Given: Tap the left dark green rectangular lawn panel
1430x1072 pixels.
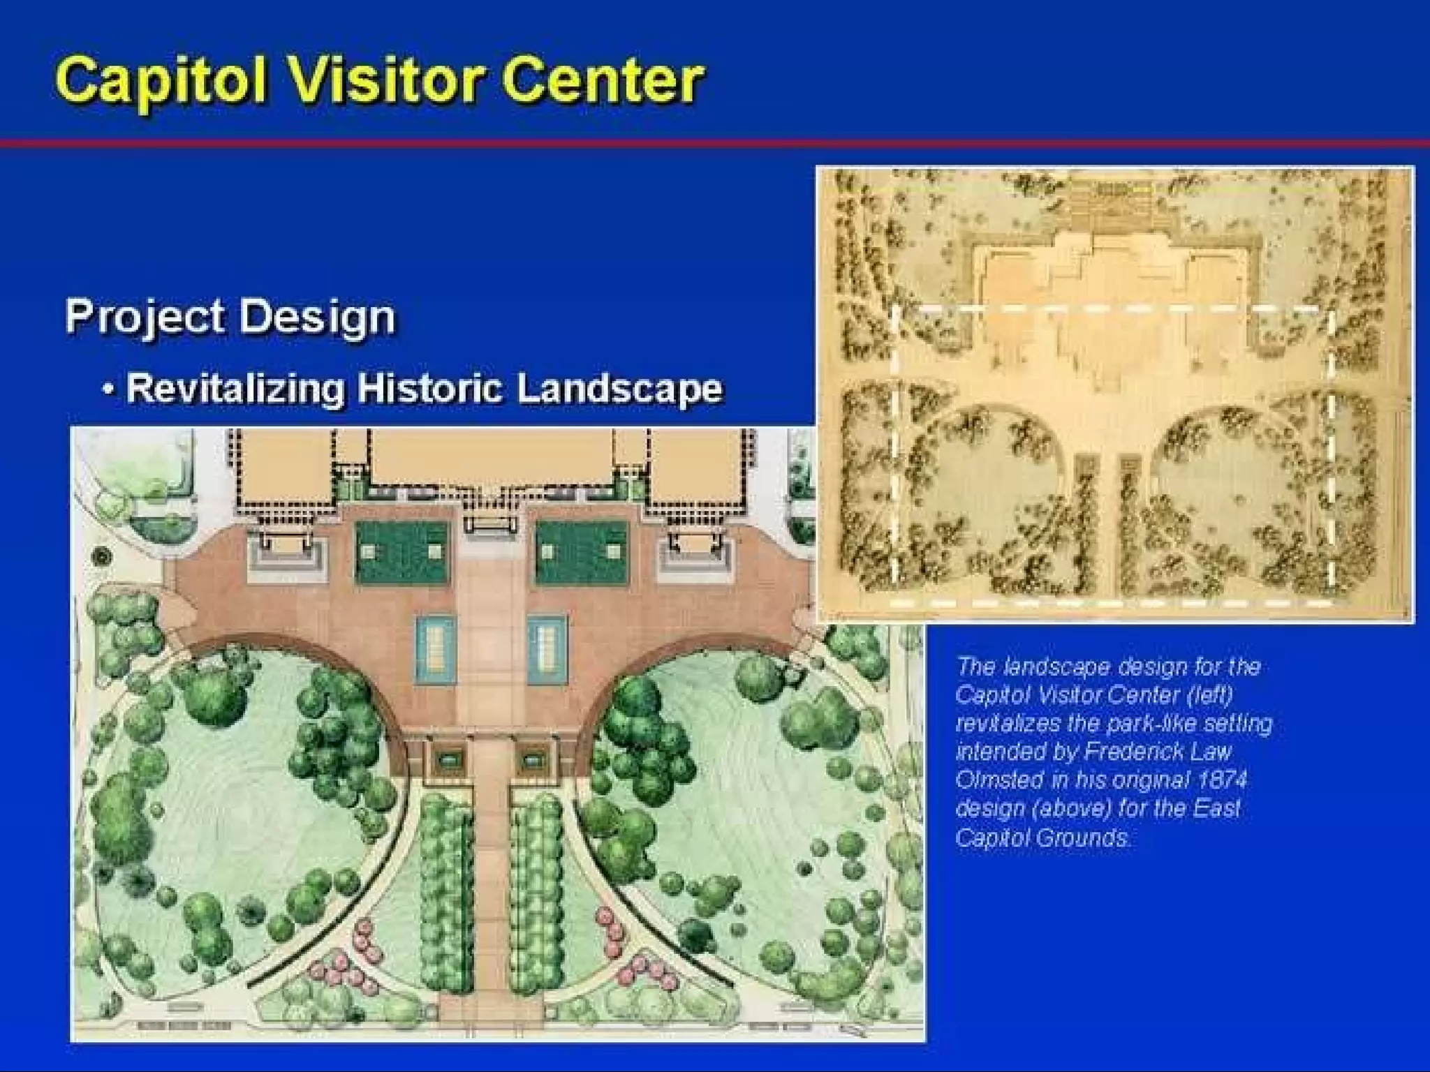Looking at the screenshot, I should click(x=401, y=553).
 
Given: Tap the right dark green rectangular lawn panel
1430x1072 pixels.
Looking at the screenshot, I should click(x=582, y=553).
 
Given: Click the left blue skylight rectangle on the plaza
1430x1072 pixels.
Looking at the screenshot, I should click(x=436, y=649).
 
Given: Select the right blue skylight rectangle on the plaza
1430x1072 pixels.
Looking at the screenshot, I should click(x=547, y=649).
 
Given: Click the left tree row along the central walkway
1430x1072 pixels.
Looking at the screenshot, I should click(x=444, y=893).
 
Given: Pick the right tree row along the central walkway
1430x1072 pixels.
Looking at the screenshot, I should click(x=536, y=893).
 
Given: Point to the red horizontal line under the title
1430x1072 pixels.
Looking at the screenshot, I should click(x=715, y=144).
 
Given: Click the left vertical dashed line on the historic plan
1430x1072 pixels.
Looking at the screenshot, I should click(x=894, y=454).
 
